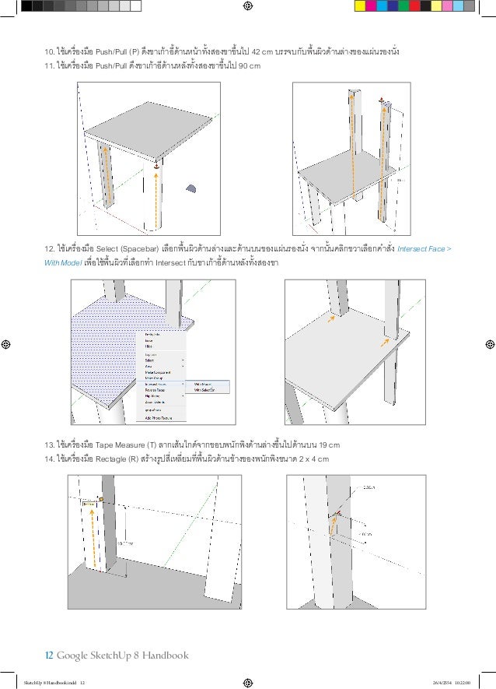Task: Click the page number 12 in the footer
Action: [x=48, y=655]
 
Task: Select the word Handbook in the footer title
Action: [x=166, y=655]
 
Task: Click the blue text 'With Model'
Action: [x=62, y=263]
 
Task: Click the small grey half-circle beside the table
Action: [x=191, y=188]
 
